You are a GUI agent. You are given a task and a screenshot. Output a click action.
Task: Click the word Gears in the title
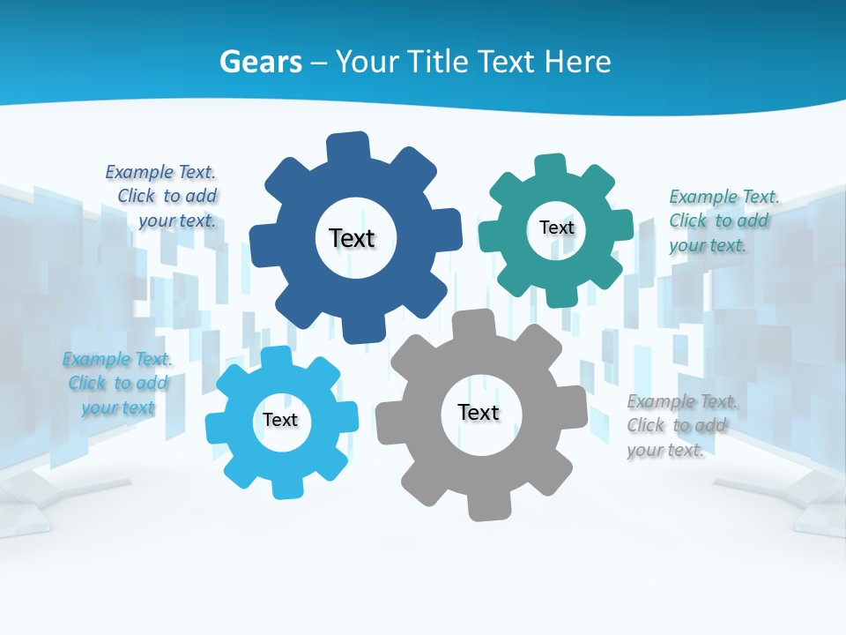point(261,62)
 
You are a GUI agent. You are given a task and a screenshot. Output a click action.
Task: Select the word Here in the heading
point(577,62)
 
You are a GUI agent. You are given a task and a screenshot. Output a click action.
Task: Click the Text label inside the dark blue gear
point(352,238)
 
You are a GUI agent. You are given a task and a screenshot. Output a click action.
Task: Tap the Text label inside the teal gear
point(556,228)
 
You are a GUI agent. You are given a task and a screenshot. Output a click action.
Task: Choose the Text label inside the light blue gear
point(280,420)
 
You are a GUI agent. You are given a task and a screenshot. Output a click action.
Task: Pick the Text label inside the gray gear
point(479,413)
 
